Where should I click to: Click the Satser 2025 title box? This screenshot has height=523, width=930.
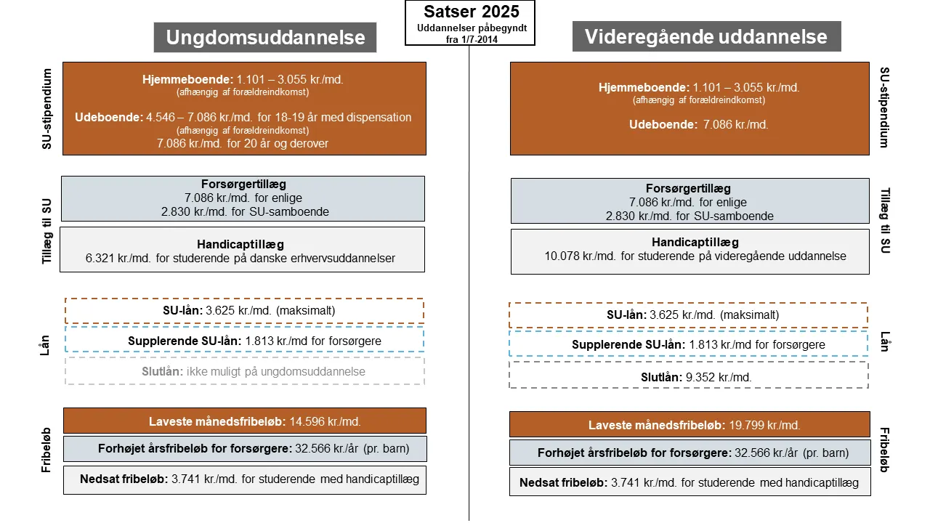(469, 23)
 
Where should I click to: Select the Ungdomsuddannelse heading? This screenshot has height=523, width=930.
(265, 37)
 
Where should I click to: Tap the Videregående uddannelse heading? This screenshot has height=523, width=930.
(706, 36)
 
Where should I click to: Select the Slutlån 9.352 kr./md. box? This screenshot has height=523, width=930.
(688, 376)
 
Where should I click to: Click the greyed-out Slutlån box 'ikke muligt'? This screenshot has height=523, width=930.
(244, 371)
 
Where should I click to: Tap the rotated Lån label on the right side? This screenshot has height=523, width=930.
(884, 341)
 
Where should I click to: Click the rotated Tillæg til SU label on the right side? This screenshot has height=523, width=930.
(884, 220)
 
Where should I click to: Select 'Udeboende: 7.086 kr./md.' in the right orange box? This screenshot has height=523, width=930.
(698, 124)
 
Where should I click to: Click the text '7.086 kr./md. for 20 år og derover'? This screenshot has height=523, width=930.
(243, 144)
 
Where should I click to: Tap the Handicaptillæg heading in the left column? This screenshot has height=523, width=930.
(240, 244)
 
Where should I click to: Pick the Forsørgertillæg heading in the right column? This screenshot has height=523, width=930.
(688, 189)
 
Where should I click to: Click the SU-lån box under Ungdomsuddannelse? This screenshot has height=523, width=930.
(244, 311)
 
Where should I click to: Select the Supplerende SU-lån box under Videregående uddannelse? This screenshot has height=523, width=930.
(688, 344)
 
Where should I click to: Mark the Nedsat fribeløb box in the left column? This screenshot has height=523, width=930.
(244, 479)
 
